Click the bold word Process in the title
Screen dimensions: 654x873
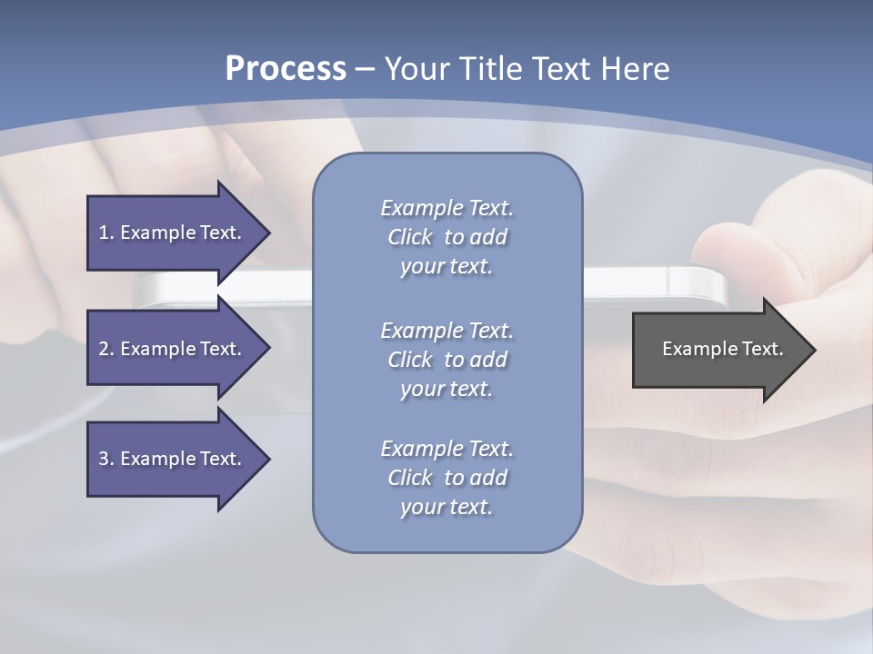pyautogui.click(x=286, y=69)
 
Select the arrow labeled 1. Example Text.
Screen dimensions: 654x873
pyautogui.click(x=173, y=233)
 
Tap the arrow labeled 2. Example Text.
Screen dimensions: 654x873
pyautogui.click(x=173, y=349)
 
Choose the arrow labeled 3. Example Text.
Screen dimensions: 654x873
pyautogui.click(x=173, y=459)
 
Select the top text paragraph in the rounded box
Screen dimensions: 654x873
pyautogui.click(x=447, y=237)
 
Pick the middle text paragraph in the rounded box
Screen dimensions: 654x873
pyautogui.click(x=447, y=360)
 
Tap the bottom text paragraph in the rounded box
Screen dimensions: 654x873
pyautogui.click(x=447, y=478)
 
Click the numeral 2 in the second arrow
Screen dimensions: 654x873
pyautogui.click(x=104, y=349)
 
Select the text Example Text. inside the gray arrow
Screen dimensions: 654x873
pyautogui.click(x=723, y=349)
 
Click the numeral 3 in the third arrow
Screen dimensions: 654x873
pyautogui.click(x=104, y=459)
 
